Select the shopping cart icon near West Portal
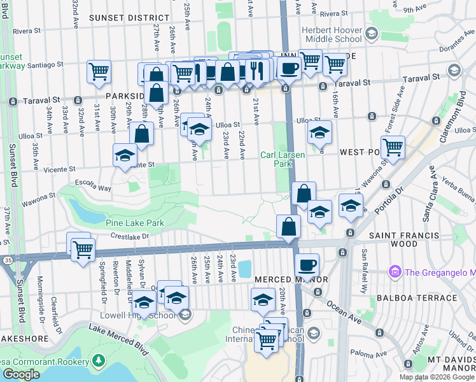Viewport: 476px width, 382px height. pos(393,147)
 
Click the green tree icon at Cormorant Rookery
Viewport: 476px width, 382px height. pos(98,362)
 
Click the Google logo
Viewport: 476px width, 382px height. pos(21,374)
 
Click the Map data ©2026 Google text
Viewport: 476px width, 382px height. pos(437,377)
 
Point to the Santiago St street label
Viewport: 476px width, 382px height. pos(45,65)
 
